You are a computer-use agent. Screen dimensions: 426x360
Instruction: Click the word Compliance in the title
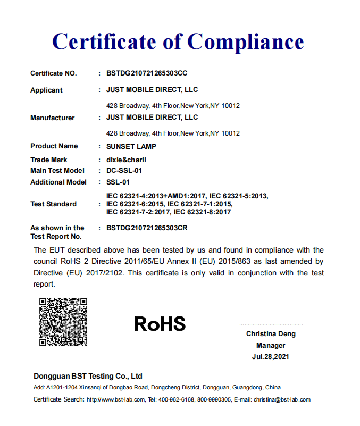tap(246, 42)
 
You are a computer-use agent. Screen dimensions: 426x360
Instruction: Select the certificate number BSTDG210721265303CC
tap(147, 73)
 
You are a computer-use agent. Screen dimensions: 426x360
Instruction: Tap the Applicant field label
tap(46, 90)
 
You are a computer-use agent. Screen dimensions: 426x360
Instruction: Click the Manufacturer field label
tap(53, 118)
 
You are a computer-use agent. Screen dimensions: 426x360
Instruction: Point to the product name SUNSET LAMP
tap(131, 146)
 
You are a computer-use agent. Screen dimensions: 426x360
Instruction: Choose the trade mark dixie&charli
tap(126, 160)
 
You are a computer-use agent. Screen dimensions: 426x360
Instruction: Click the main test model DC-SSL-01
tap(124, 171)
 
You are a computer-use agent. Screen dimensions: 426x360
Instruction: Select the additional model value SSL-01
tap(118, 182)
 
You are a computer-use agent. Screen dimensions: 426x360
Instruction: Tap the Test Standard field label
tap(53, 204)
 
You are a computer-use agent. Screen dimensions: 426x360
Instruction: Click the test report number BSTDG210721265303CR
tap(147, 228)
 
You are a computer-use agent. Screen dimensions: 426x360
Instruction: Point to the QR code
tap(63, 322)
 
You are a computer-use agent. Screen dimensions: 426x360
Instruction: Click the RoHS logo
tap(160, 323)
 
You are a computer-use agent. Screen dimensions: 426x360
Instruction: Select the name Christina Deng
tap(271, 334)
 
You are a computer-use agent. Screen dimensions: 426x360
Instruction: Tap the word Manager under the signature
tap(271, 345)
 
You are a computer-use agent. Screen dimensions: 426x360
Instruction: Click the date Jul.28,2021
tap(271, 357)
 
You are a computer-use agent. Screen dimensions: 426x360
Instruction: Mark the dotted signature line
tap(271, 324)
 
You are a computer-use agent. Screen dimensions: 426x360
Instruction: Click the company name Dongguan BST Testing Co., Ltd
tap(88, 376)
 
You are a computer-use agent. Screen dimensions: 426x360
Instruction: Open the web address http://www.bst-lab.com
tap(115, 399)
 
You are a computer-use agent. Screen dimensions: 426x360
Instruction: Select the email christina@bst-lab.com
tap(282, 399)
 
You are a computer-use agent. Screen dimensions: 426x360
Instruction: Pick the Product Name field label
tap(54, 146)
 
